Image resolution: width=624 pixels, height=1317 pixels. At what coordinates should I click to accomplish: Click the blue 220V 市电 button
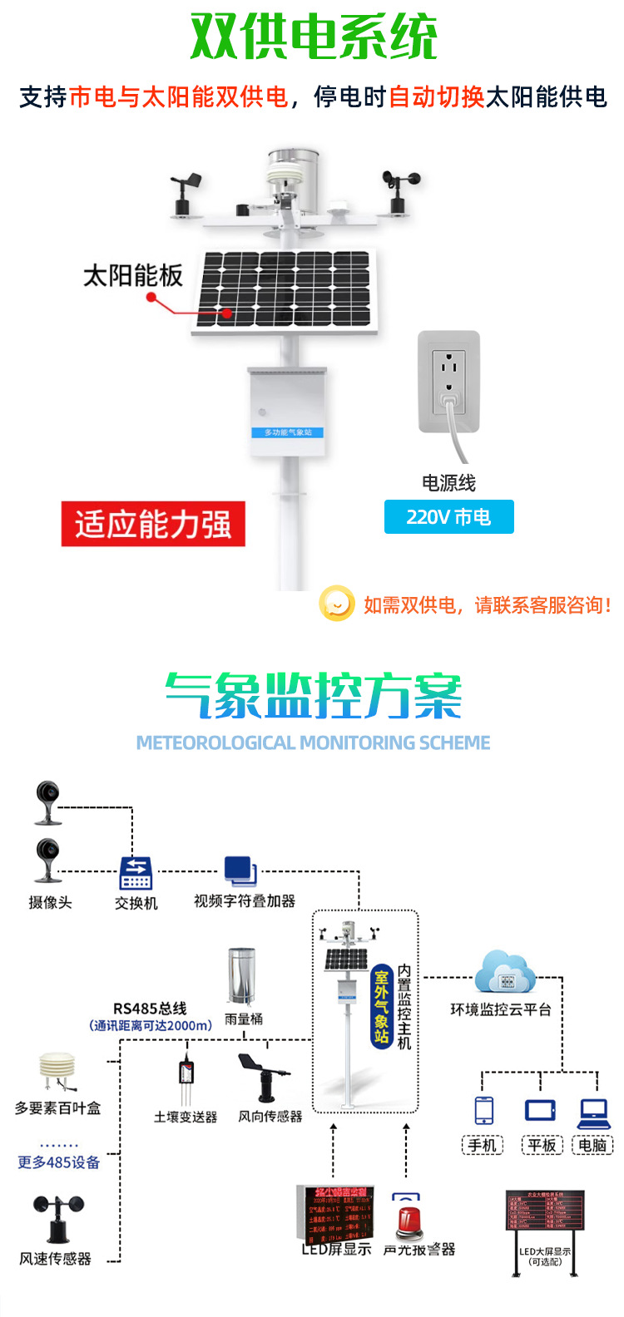[448, 517]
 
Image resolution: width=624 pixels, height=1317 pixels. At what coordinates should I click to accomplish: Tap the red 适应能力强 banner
[153, 525]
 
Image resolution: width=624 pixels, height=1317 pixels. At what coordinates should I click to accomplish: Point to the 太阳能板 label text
[133, 275]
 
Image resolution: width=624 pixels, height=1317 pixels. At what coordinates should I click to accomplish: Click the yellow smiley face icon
[337, 604]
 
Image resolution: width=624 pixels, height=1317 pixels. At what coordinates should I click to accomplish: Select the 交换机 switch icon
[136, 873]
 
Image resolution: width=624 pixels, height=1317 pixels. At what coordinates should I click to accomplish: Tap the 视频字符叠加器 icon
[240, 871]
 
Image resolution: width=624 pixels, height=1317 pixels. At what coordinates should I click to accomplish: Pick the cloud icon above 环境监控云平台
[505, 974]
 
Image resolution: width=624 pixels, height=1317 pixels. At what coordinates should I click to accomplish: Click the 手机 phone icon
[483, 1110]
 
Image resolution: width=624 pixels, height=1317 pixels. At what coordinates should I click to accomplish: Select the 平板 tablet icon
[540, 1110]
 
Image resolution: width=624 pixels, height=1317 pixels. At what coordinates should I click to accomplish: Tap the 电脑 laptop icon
[594, 1110]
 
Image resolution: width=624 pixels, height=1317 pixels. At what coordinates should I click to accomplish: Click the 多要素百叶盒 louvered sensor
[57, 1073]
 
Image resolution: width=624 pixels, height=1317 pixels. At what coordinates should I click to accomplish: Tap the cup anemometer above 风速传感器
[57, 1217]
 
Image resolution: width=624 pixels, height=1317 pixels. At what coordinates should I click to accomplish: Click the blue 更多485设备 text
[58, 1162]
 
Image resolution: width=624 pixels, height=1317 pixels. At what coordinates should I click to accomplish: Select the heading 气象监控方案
[313, 696]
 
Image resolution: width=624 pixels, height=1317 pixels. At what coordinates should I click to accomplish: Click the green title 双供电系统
[314, 37]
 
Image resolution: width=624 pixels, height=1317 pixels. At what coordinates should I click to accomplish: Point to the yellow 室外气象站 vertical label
[381, 1007]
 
